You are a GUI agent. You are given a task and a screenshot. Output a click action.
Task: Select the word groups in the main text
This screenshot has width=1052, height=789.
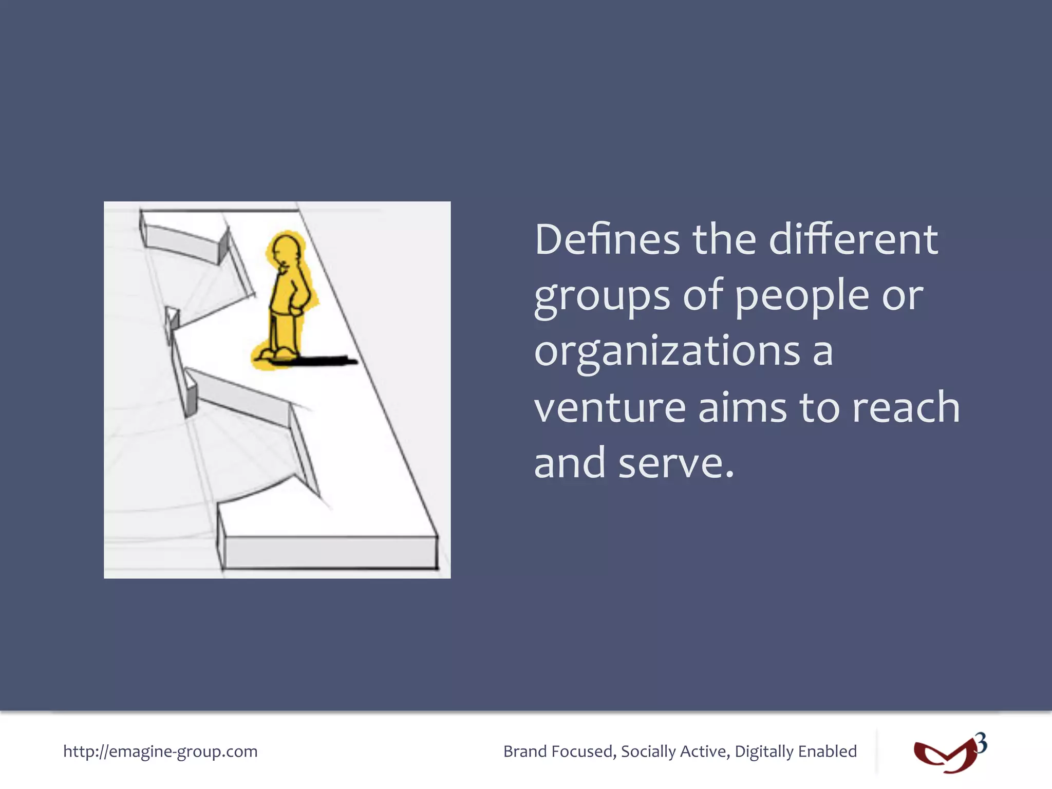(x=602, y=297)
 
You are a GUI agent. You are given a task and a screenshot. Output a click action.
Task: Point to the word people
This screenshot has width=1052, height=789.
(x=802, y=297)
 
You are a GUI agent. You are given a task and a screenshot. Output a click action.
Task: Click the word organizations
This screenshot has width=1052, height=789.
(x=667, y=352)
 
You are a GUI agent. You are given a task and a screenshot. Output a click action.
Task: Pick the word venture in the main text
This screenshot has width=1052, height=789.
(x=610, y=408)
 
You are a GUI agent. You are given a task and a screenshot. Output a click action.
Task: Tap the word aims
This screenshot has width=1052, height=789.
(x=743, y=408)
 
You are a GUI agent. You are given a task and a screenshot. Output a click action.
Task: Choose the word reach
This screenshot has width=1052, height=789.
(x=906, y=408)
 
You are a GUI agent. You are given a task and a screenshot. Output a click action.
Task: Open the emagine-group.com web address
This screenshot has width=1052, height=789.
(x=160, y=752)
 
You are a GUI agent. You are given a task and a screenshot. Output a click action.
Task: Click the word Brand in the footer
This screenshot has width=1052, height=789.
(x=525, y=752)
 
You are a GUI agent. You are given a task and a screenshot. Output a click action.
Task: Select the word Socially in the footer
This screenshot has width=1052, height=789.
(x=648, y=752)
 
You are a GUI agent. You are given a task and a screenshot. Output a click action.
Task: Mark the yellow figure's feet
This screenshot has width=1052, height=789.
(x=278, y=354)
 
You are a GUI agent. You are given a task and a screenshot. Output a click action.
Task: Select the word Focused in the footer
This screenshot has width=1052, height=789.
(x=584, y=752)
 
